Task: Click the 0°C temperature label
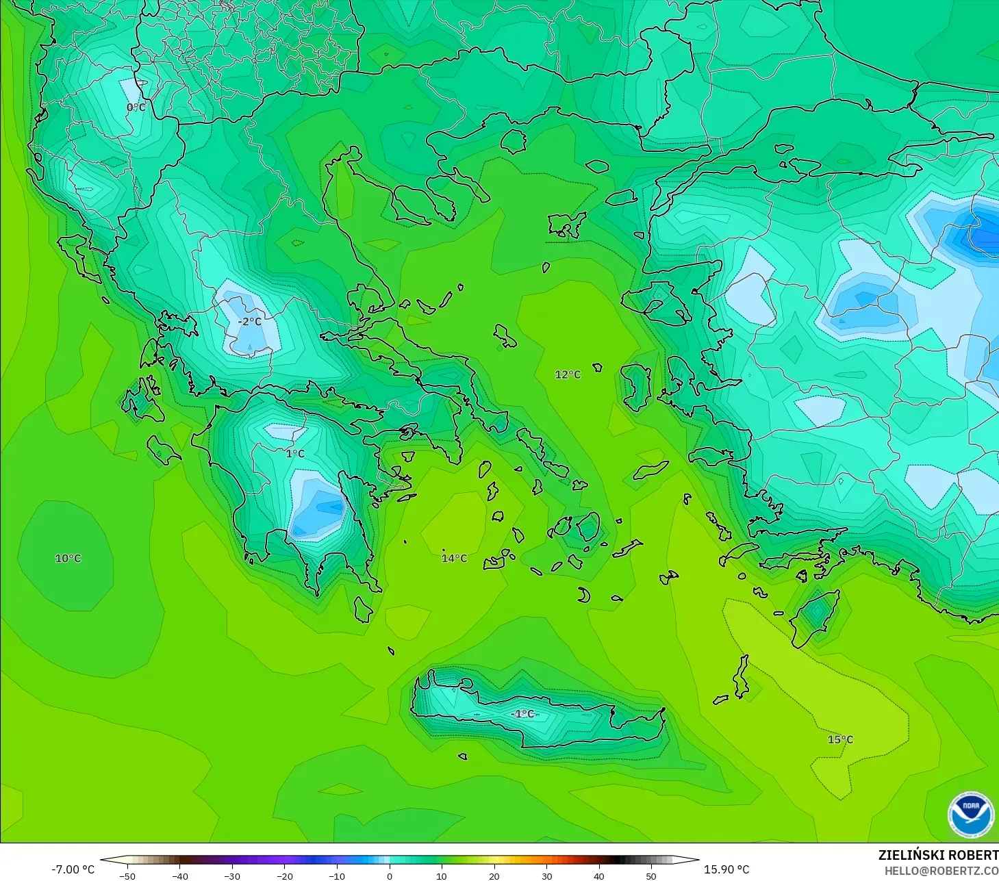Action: coord(136,107)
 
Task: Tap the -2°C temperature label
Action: coord(250,321)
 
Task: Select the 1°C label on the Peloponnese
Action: coord(295,453)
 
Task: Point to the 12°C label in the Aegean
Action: coord(568,374)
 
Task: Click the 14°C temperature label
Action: coord(454,558)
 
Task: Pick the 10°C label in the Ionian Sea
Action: coord(68,558)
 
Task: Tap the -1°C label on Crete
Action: coord(522,713)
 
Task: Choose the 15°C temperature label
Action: coord(840,739)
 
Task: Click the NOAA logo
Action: coord(970,814)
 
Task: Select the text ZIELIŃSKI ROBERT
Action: coord(938,855)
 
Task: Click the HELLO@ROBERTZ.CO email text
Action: coord(941,871)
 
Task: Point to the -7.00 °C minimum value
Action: coord(73,869)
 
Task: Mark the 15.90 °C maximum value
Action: coord(726,869)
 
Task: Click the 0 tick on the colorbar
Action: coord(390,876)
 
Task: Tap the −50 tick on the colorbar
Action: coord(127,876)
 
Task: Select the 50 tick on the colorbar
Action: coord(651,876)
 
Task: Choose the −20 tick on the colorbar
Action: coord(285,876)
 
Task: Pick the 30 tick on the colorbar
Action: coord(546,876)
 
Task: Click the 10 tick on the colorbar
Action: coord(442,876)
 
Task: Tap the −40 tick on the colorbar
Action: coord(179,876)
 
